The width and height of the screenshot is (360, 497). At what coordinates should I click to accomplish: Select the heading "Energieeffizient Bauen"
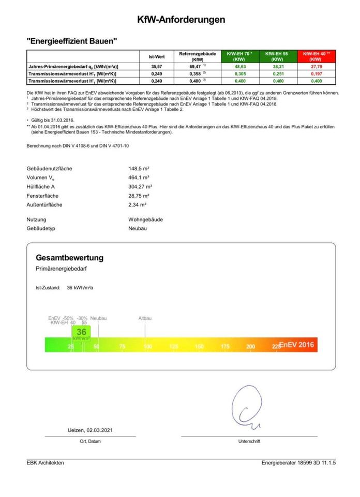click(x=72, y=40)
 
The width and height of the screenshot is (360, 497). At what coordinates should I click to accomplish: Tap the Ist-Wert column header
click(x=157, y=56)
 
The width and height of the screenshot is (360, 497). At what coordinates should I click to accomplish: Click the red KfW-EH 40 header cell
click(x=315, y=56)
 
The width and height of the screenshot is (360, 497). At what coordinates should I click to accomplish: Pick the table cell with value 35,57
click(x=157, y=67)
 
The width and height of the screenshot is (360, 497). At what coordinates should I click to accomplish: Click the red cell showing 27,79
click(x=315, y=67)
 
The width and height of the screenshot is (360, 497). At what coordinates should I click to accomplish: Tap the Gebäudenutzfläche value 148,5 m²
click(x=139, y=169)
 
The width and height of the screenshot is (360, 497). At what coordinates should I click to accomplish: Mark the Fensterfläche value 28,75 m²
click(x=139, y=196)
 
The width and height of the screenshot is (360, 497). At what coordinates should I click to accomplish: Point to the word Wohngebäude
click(x=145, y=220)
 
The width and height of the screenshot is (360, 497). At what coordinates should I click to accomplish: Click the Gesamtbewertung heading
click(x=69, y=257)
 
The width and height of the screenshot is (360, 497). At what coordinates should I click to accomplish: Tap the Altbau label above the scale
click(x=145, y=318)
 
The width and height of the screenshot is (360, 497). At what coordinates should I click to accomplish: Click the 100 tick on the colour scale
click(x=148, y=346)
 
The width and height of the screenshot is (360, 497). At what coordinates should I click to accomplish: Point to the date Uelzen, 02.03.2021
click(x=91, y=430)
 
